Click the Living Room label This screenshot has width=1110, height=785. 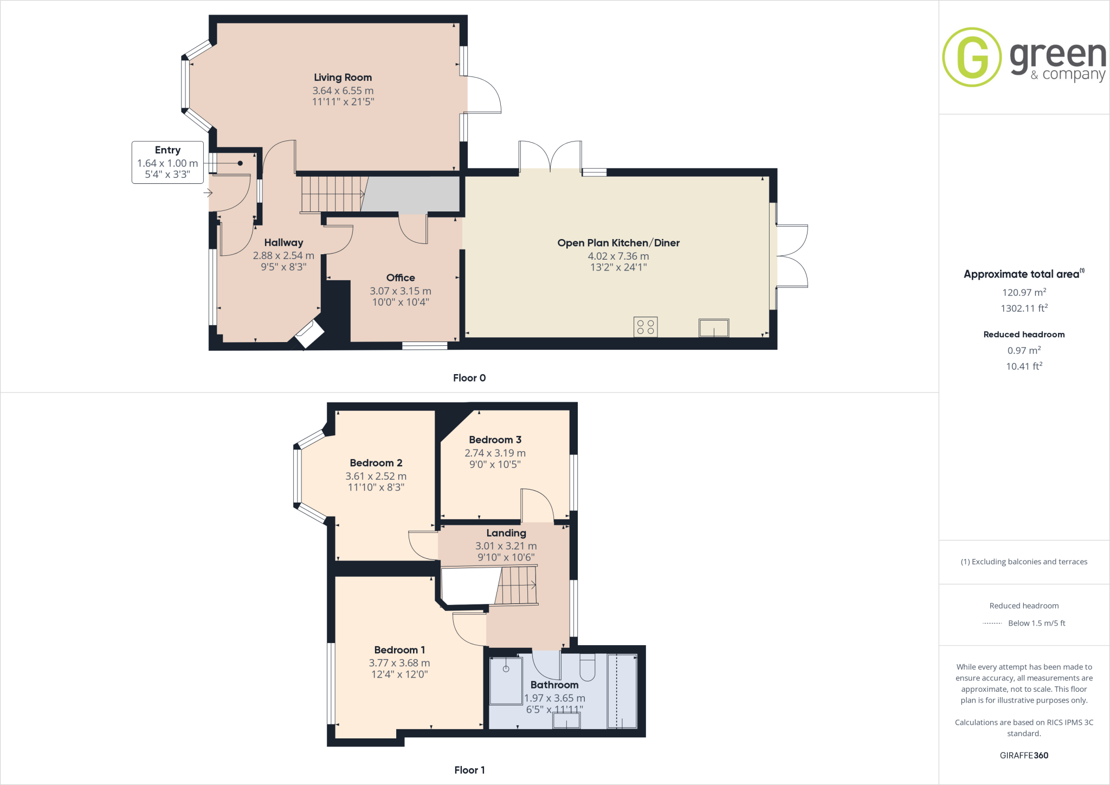coord(343,78)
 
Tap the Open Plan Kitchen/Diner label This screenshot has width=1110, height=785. coord(618,243)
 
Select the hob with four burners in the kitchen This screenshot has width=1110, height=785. coord(646,327)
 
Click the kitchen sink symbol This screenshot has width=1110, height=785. coord(714,328)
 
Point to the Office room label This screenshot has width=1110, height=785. coord(401,278)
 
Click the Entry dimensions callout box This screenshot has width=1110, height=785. coord(167,162)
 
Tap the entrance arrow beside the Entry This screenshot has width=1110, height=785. coord(208,192)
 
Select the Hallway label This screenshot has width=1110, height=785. coord(283,242)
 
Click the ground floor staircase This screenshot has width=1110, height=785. coord(332,194)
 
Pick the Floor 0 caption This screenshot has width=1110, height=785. coord(469,378)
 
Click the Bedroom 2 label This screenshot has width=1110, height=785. coord(376,463)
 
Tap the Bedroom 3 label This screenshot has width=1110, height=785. coord(495,440)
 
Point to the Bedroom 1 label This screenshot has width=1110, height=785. coord(399,649)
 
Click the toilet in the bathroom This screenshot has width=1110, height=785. coord(588,667)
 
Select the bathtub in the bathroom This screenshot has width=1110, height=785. coord(622,691)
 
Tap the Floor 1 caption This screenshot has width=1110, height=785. coord(469,770)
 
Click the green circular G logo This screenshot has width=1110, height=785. coord(972,57)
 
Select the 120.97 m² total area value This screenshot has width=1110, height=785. coord(1024,292)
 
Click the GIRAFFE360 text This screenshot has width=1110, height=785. coord(1024,755)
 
